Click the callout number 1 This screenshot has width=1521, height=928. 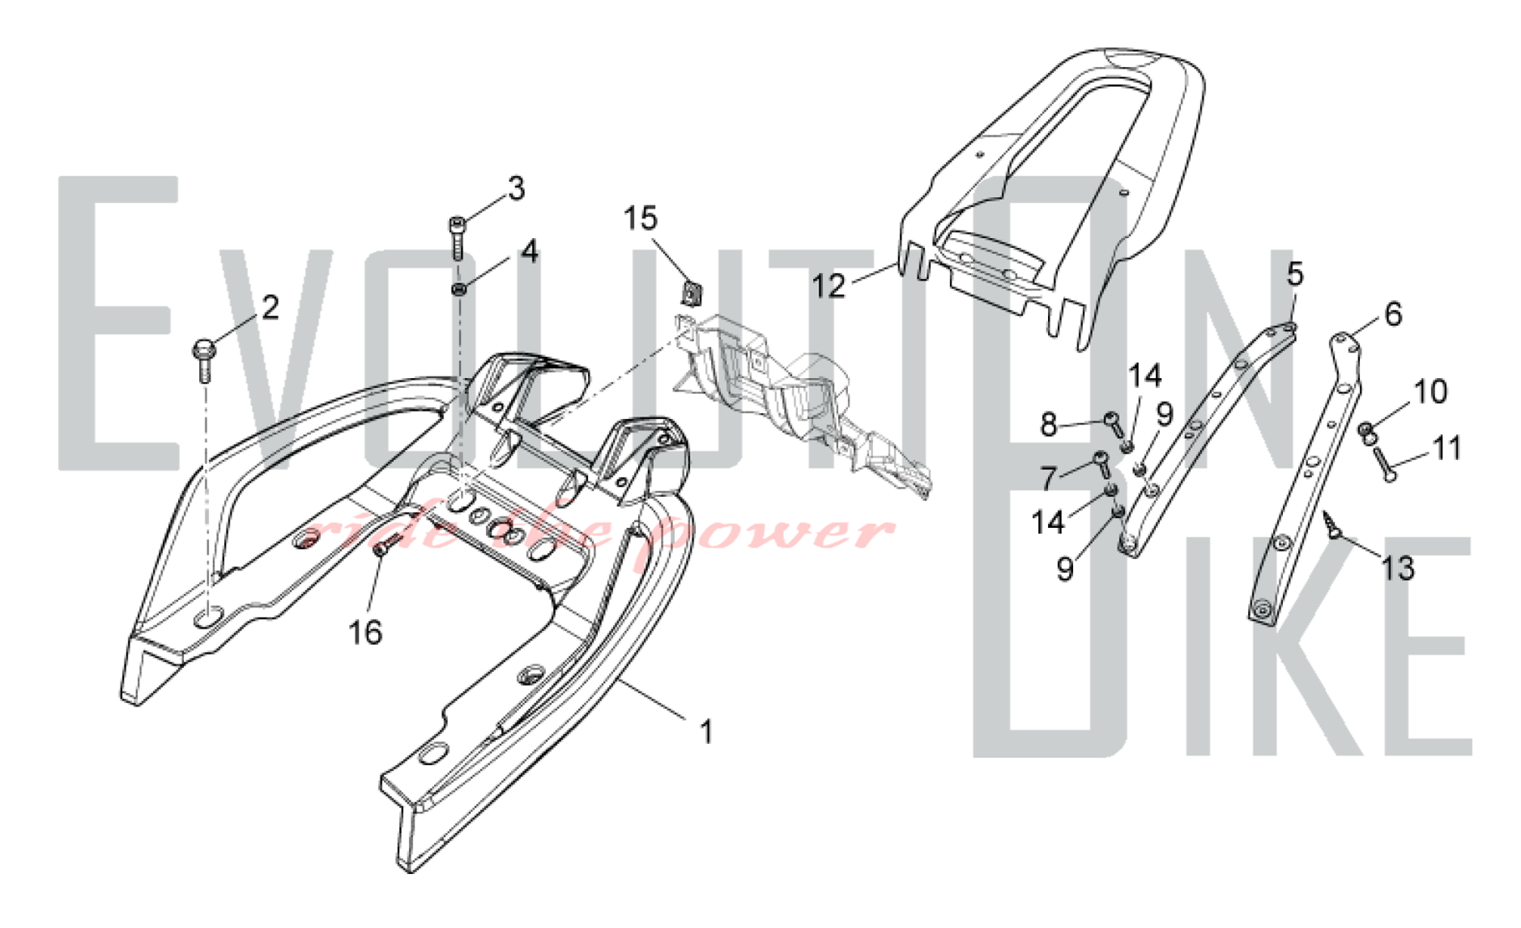pos(706,732)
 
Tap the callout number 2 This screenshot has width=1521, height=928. pos(270,307)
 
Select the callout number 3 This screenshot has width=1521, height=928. pos(516,188)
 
